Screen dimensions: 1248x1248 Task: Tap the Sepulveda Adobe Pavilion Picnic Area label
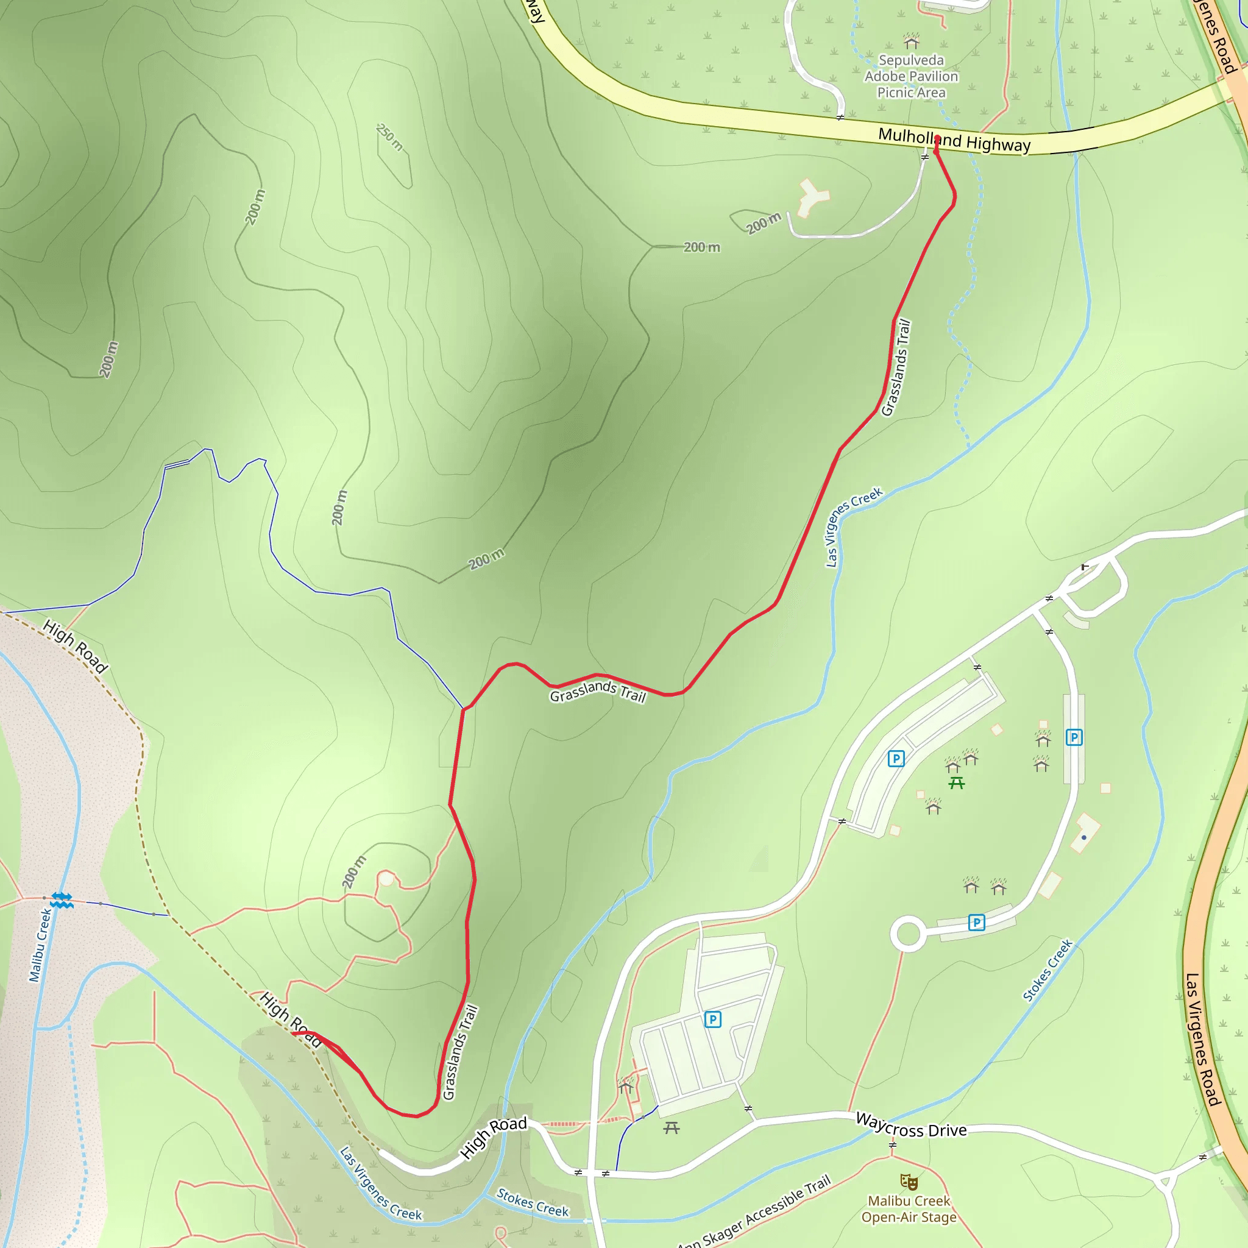tap(911, 76)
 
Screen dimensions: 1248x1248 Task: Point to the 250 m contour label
tap(389, 137)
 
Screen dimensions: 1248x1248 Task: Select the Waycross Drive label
tap(911, 1125)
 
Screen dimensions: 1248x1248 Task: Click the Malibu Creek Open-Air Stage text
tap(909, 1208)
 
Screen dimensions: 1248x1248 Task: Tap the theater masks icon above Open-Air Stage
tap(909, 1182)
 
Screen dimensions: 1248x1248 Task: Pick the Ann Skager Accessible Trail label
tap(754, 1213)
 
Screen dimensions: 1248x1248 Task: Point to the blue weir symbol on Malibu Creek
tap(62, 900)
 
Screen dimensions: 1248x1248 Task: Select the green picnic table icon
tap(957, 784)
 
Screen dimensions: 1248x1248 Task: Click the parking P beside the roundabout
tap(977, 923)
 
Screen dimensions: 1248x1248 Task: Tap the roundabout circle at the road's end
tap(908, 934)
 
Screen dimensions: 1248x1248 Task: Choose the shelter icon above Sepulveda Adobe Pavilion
tap(911, 41)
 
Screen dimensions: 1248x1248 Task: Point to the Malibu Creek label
tap(40, 945)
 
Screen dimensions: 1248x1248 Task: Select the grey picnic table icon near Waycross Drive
tap(672, 1128)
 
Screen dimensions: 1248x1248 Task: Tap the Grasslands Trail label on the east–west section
tap(598, 690)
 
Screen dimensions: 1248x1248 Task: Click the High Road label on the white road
tap(494, 1137)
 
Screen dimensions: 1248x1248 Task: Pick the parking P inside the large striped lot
tap(712, 1019)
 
